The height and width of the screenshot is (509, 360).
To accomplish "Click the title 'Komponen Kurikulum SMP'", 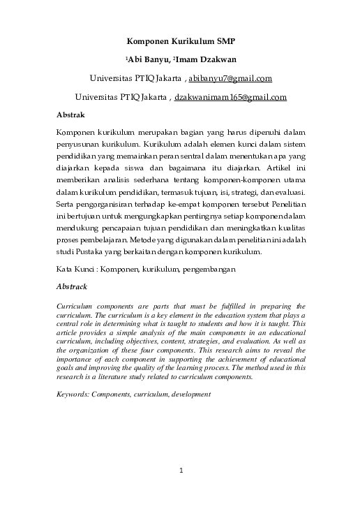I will point(181,41).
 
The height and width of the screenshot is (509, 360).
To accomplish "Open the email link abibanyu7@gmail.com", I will point(230,78).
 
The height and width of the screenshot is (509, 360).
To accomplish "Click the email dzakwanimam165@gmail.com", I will point(230,97).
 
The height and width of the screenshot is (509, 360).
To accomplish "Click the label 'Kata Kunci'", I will point(74,269).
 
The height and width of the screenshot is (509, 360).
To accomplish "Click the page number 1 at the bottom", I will point(181,469).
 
